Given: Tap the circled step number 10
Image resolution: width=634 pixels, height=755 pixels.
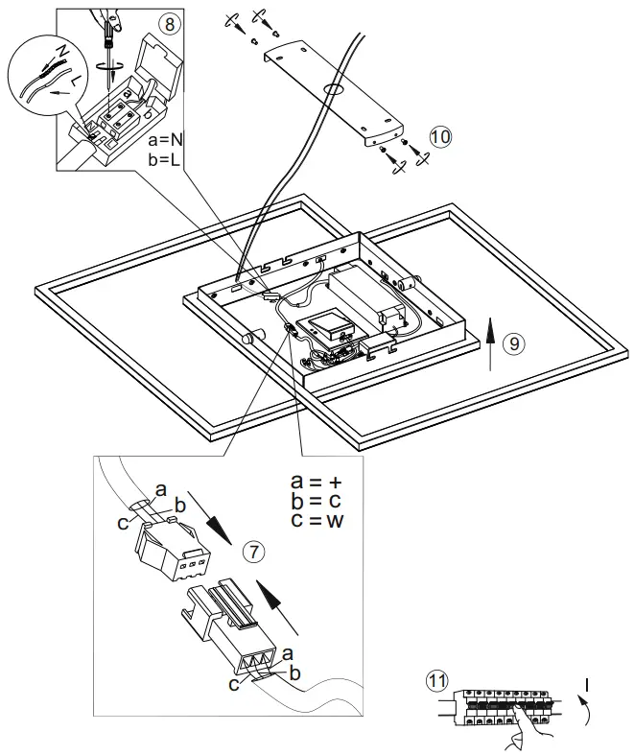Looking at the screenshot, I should (x=439, y=137).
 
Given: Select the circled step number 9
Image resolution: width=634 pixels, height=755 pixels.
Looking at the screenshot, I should (x=516, y=343).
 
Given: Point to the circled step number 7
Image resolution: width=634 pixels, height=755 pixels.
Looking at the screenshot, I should (x=252, y=552).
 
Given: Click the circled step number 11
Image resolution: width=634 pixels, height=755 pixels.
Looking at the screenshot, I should (x=436, y=682).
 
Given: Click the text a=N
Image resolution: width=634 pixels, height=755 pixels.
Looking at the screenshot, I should (x=167, y=140).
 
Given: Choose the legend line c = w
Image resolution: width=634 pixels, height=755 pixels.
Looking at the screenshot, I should (x=316, y=521).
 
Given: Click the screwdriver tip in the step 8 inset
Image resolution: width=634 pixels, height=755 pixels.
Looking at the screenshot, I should (x=111, y=59).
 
